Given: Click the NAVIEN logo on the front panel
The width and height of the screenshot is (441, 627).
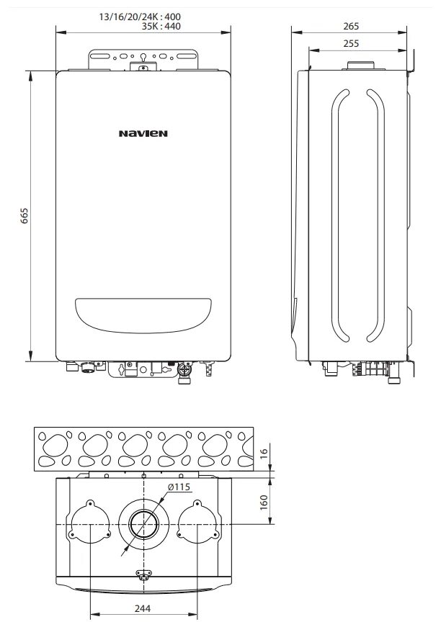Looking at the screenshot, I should pyautogui.click(x=143, y=132).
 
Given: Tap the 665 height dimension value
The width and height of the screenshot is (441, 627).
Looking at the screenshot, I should pyautogui.click(x=24, y=215).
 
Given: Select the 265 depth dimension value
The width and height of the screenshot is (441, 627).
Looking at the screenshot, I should pyautogui.click(x=351, y=26).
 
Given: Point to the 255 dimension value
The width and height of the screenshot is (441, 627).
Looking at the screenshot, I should pyautogui.click(x=351, y=44).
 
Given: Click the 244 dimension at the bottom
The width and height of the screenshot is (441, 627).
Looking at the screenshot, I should pyautogui.click(x=143, y=608).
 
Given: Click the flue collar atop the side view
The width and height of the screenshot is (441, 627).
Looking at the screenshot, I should pyautogui.click(x=358, y=66).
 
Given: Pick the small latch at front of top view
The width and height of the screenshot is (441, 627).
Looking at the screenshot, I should pyautogui.click(x=143, y=573).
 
